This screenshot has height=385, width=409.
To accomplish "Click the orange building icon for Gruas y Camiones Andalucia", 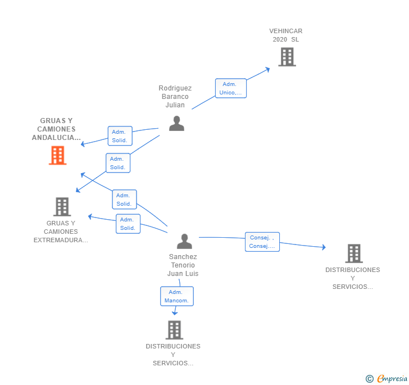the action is tap(58, 155).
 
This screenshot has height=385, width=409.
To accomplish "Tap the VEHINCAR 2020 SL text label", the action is tap(285, 35).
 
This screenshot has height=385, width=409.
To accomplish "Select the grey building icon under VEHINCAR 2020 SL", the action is tap(287, 57).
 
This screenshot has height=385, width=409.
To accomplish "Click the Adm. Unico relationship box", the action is tap(230, 88).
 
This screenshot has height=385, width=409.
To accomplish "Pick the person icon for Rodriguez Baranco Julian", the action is tap(176, 124).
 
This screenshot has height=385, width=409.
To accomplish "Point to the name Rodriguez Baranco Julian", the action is tap(175, 97).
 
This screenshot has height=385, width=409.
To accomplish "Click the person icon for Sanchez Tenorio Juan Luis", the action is tap(184, 241).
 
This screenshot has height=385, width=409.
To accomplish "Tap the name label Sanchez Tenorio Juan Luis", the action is tap(183, 265).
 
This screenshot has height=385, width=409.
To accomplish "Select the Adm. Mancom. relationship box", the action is tap(177, 296).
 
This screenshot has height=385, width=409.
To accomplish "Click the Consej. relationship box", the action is tap(262, 242).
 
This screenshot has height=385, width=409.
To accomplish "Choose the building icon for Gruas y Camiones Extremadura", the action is tap(62, 207).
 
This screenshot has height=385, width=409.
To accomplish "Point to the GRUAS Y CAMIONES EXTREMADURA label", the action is tap(61, 232).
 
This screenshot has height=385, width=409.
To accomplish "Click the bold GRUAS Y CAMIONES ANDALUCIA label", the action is tap(56, 129).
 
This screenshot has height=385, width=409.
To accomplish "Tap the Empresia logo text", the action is tap(392, 378).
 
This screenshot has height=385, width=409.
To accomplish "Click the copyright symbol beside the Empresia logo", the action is tap(369, 378).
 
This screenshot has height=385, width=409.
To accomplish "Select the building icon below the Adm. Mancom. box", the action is tap(174, 330).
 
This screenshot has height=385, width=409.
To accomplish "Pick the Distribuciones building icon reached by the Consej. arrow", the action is tap(354, 253).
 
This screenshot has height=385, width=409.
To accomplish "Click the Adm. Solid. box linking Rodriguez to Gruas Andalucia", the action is tap(120, 136).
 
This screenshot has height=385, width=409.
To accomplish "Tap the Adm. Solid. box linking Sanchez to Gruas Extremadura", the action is tap(128, 224).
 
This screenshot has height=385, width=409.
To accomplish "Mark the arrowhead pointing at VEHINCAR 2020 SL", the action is tap(267, 70).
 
